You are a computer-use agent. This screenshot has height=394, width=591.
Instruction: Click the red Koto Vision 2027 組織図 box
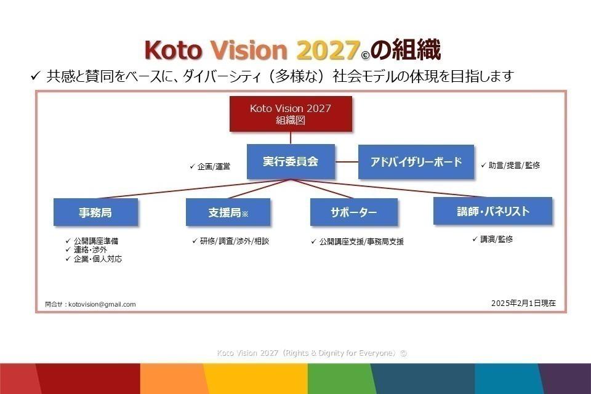(x=291, y=115)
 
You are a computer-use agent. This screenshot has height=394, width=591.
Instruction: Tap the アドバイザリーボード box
(x=416, y=162)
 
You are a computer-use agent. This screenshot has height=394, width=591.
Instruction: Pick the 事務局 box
(x=95, y=212)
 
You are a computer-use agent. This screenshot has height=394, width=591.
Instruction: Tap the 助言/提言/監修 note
(x=514, y=166)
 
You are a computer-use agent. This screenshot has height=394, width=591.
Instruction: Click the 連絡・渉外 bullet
(x=90, y=250)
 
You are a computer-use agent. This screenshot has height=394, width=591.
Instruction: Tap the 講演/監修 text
(x=496, y=239)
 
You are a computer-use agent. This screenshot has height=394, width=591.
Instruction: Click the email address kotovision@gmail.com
(x=102, y=304)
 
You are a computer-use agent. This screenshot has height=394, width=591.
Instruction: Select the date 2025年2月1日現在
(x=523, y=303)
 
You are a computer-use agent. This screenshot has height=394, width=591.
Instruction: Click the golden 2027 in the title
(x=327, y=50)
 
